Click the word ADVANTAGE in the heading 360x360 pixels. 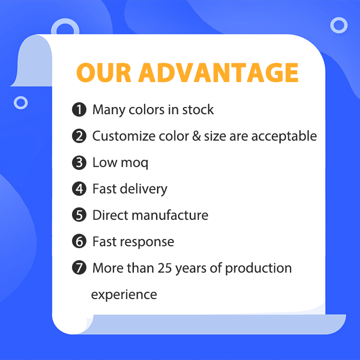coord(218,72)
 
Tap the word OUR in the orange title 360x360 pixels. coord(104,72)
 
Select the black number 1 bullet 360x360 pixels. coord(79,109)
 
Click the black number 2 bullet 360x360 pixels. coord(79,136)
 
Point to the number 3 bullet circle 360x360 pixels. coord(79,163)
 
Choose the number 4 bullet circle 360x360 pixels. coord(79,189)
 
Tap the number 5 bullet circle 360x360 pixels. coord(79,215)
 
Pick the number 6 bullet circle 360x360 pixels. coord(79,241)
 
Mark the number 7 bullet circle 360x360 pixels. coord(79,268)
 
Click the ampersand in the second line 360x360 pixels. coord(196,136)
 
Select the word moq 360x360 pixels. coord(134,164)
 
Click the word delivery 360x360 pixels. coord(144,190)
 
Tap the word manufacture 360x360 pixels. coord(170,216)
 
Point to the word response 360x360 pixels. coord(147,243)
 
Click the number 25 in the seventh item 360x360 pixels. coord(165,268)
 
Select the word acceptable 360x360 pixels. coord(284,136)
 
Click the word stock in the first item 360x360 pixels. coord(198,109)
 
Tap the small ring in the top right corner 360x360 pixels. coord(339,25)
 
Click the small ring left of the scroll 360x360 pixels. coord(21,102)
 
